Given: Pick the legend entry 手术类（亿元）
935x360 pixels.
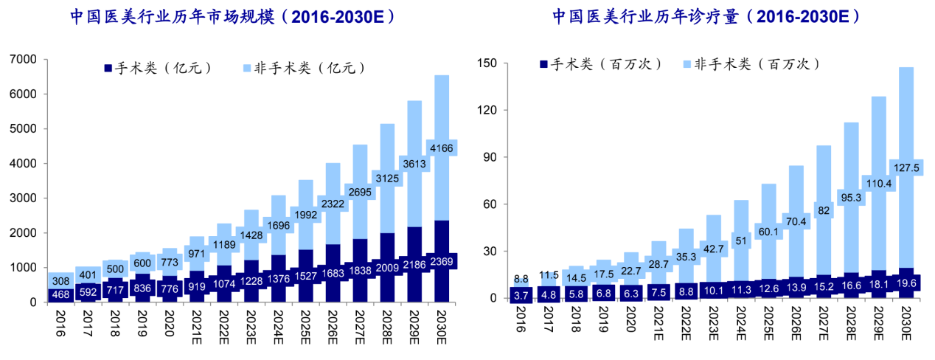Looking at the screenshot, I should pos(158,68).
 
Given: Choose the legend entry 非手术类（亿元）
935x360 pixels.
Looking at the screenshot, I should pos(303,68).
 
